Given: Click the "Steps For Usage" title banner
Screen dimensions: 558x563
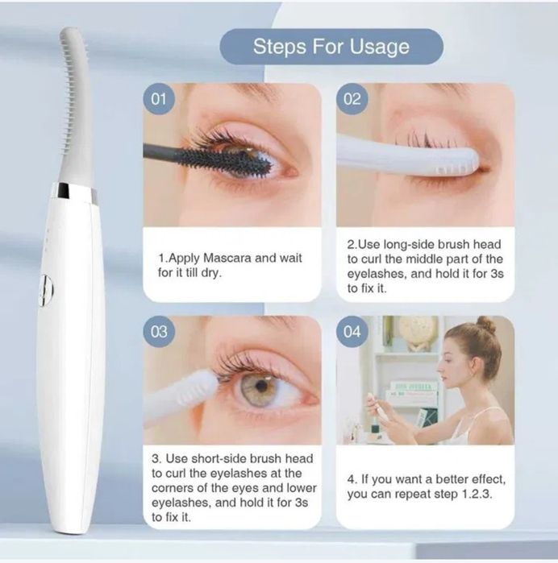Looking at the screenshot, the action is [331, 47].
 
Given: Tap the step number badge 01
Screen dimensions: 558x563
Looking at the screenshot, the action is [159, 98].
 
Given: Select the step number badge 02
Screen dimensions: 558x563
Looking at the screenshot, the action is [352, 98].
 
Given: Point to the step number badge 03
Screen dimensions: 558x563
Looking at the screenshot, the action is [159, 331].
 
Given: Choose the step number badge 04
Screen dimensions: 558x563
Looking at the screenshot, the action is [352, 331].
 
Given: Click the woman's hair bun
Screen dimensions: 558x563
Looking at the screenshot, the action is [486, 325].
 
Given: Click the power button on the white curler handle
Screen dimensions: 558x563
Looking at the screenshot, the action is [46, 290].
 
